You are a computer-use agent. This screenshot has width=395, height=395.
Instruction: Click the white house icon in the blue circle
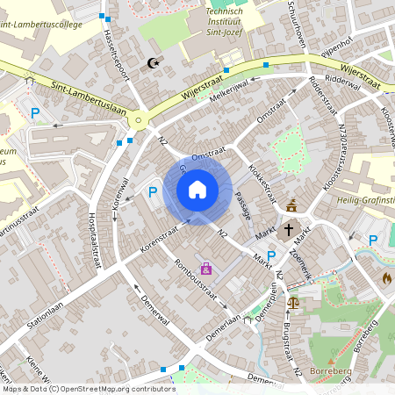point(197,190)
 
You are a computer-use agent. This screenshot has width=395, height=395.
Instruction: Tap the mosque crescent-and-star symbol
point(154,63)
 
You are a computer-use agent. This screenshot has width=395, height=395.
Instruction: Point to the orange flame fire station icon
point(387,277)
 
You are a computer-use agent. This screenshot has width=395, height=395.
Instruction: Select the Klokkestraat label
point(262,176)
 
